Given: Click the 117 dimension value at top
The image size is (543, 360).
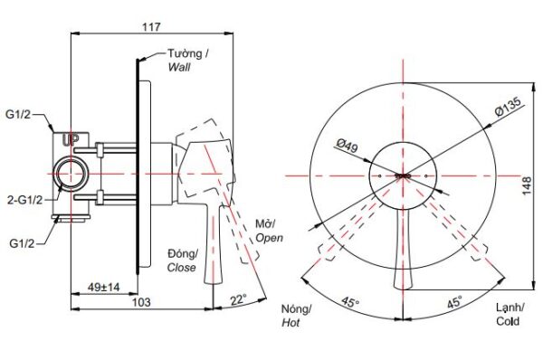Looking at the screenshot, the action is pos(152,26).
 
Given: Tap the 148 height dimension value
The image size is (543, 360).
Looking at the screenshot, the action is pos(527,186).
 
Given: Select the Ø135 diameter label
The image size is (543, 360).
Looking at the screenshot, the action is pos(508,107).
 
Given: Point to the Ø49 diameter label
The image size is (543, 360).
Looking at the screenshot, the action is pos(347,146).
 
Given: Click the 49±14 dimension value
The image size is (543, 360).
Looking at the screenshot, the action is pos(103,287).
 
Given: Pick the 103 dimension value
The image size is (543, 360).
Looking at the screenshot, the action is pos(142,302).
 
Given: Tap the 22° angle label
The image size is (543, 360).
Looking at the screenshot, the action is pos(239,299).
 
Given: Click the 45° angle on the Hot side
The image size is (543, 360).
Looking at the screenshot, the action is pos(350,302).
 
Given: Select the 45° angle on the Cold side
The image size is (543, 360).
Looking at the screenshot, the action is pos(454,302).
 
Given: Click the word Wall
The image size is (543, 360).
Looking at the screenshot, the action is pos(179,67).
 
